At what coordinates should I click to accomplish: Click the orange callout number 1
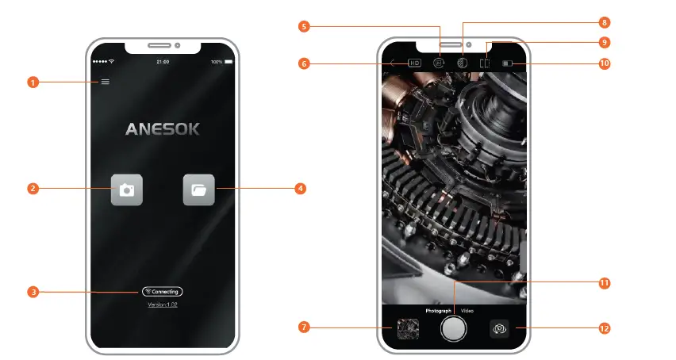click(33, 82)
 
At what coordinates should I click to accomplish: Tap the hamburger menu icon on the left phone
click(105, 82)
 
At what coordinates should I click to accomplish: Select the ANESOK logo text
click(163, 128)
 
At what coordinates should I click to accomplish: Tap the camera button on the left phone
click(126, 190)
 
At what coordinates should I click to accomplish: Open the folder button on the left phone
click(198, 190)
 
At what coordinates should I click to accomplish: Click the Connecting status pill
click(163, 292)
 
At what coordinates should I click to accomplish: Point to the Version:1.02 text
click(162, 304)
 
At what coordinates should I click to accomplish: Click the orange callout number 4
click(300, 189)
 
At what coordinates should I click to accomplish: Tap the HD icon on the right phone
click(414, 63)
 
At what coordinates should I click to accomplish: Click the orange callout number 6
click(303, 63)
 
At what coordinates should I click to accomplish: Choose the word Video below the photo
click(467, 311)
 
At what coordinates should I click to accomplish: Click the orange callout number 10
click(605, 63)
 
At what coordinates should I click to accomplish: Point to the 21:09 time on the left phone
click(163, 61)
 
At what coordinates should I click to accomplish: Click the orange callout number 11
click(605, 282)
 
